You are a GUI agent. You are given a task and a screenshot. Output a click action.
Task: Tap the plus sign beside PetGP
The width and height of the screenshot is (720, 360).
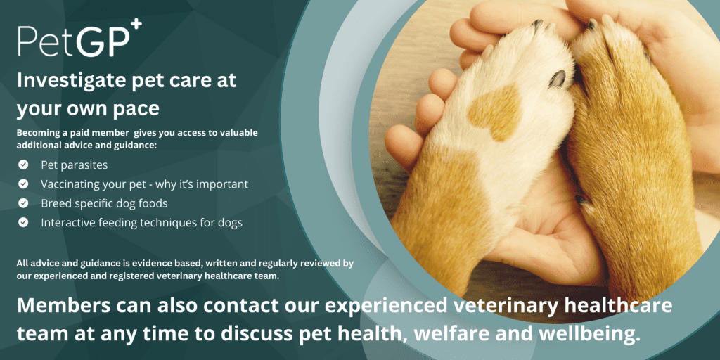click(136, 27)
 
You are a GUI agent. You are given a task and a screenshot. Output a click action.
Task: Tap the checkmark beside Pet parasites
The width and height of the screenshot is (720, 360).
click(23, 165)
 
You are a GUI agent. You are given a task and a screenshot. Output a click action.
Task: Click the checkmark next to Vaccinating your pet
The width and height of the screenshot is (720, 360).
click(23, 184)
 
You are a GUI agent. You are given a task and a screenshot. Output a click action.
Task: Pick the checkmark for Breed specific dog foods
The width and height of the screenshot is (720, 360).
click(23, 203)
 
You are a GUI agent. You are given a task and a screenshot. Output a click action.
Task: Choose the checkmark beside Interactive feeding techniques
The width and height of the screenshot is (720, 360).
click(23, 223)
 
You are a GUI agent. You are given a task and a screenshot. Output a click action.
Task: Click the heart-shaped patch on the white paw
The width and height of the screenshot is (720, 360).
click(494, 110)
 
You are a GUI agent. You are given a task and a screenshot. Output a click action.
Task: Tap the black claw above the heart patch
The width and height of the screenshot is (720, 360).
click(557, 79)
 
